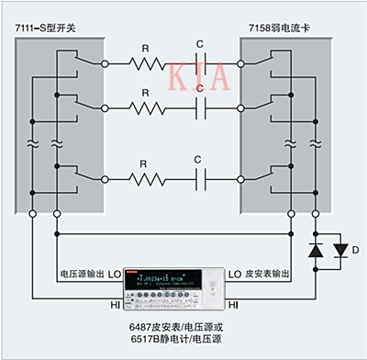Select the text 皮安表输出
coord(269,275)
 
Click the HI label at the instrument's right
coord(233,302)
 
